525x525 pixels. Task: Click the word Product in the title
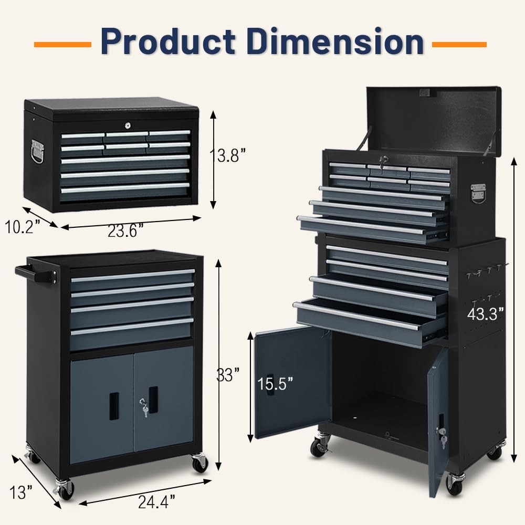pos(168,41)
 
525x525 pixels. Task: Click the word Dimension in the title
pos(335,41)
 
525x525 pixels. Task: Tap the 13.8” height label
pos(227,156)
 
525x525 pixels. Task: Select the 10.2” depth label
pos(23,227)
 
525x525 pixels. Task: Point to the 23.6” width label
pos(125,230)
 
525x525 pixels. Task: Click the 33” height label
pos(228,375)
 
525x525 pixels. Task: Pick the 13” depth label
pos(21,492)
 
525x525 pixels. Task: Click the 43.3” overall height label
pos(486,314)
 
